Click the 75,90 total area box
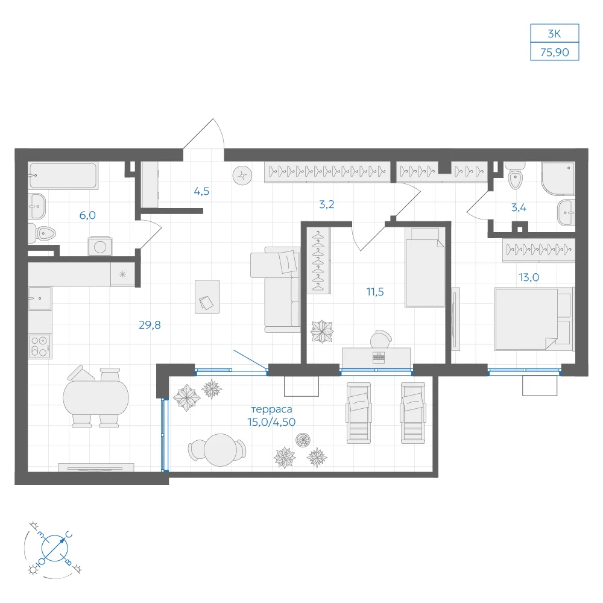point(554,51)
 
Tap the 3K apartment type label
point(554,33)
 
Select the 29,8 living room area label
point(150,325)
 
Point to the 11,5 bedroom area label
point(375,292)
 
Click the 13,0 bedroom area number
point(529,277)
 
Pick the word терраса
point(271,409)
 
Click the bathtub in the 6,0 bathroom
point(63,175)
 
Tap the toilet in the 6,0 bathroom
point(42,233)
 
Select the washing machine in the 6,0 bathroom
point(100,247)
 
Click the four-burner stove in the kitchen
point(40,346)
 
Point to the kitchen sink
point(40,298)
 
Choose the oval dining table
point(96,397)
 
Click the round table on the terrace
point(220,450)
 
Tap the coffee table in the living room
point(207,297)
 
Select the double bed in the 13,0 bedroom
point(534,319)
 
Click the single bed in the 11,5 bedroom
point(425,268)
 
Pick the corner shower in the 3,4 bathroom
point(558,178)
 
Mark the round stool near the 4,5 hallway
point(242,175)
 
